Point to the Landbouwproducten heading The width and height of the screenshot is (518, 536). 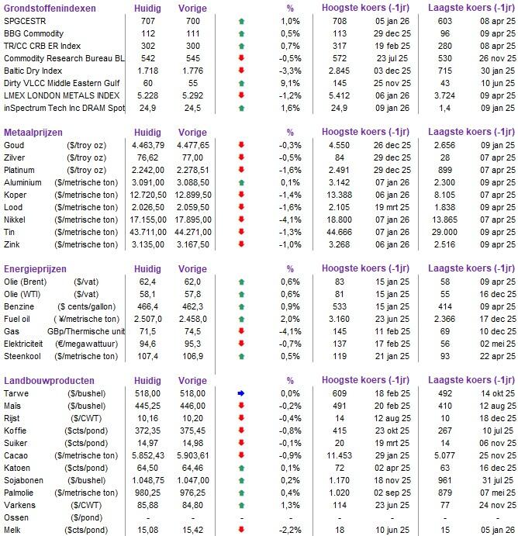50,381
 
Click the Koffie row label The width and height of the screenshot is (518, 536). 17,430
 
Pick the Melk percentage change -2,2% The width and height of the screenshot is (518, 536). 290,530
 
